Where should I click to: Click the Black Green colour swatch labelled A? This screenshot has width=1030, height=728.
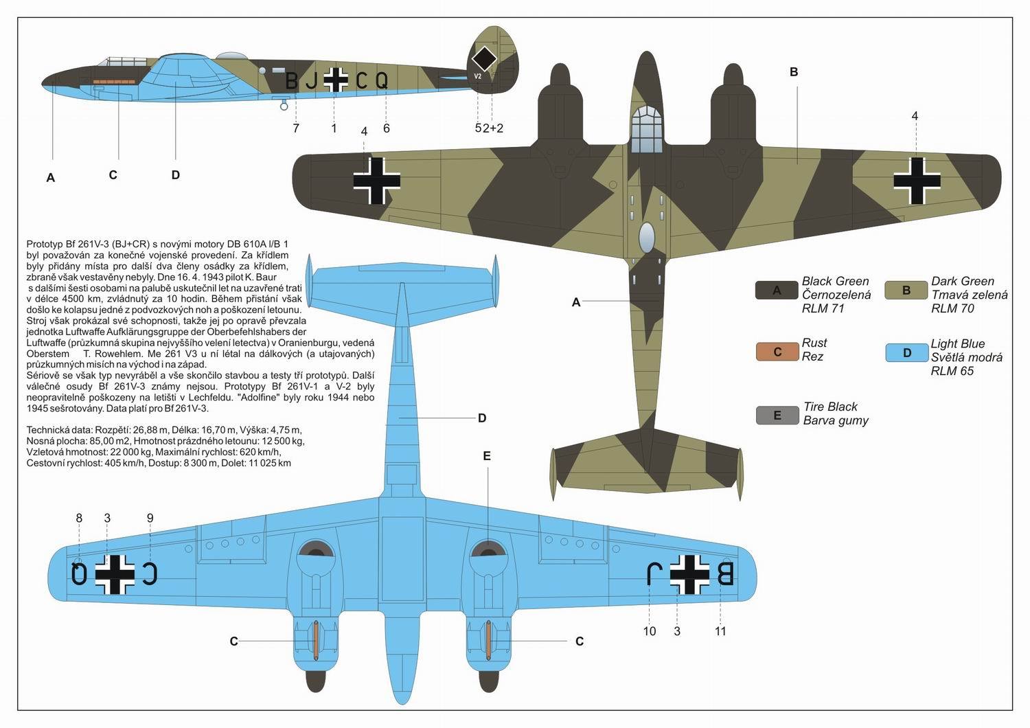tap(777, 291)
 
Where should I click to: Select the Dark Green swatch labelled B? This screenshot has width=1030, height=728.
tap(906, 291)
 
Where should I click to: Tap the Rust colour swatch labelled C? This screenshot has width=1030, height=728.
tap(777, 352)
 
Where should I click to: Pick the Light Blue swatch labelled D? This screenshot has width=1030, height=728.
tap(907, 353)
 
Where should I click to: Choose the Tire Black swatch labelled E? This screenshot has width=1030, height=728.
tap(777, 416)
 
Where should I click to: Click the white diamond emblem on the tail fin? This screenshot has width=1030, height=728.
tap(484, 58)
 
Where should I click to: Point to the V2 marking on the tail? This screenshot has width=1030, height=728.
tap(478, 76)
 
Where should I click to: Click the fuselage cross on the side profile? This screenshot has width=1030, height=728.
tap(336, 80)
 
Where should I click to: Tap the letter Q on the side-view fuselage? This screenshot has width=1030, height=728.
tap(382, 80)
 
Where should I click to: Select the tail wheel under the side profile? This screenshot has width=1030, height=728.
tap(284, 106)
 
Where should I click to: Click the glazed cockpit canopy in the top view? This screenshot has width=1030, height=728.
tap(647, 128)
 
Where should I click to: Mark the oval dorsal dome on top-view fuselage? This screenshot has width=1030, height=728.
tap(647, 238)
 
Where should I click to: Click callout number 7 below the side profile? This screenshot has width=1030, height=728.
tap(296, 128)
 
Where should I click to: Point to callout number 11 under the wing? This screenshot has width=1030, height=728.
tap(720, 631)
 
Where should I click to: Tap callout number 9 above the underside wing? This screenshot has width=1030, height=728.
tap(150, 518)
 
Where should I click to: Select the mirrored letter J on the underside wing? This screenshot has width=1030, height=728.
tap(654, 573)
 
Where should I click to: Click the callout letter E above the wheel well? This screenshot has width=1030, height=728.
tap(487, 456)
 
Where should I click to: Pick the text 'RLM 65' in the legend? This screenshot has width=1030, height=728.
tap(952, 371)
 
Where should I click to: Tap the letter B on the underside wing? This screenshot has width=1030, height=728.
tap(724, 573)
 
